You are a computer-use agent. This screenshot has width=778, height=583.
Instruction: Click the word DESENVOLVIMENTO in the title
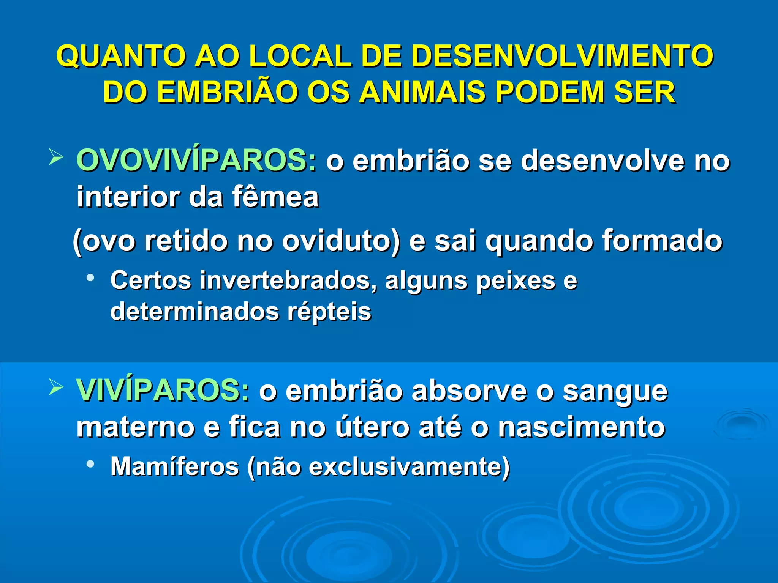point(562,56)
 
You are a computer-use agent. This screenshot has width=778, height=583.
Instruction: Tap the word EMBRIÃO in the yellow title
point(226,93)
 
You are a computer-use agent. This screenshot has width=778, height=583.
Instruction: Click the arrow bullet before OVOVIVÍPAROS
point(55,157)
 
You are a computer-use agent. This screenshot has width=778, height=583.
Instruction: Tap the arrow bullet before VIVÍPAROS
point(55,387)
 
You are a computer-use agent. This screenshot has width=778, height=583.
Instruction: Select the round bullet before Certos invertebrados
point(90,278)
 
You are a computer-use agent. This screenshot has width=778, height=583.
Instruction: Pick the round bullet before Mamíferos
point(90,463)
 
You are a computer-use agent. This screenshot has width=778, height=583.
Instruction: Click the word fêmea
point(275,197)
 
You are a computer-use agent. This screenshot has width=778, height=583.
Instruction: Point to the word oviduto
point(341,241)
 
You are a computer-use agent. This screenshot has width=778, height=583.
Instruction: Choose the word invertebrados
point(288,280)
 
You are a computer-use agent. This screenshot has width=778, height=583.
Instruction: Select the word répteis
point(329,312)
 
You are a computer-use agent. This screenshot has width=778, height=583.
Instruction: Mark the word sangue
point(615,391)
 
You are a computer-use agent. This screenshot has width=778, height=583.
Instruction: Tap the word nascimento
point(582,427)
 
